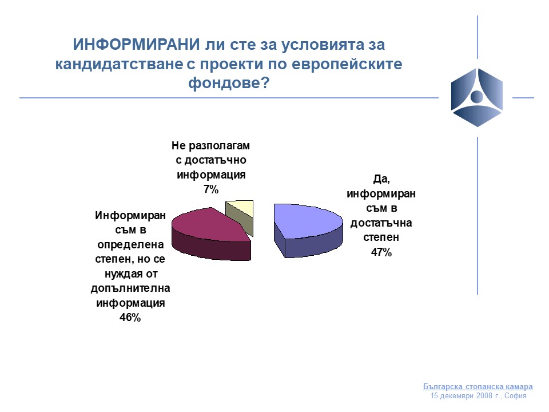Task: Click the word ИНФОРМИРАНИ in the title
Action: pos(136,45)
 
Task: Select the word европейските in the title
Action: pos(347,64)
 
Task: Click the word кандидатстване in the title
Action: pos(119,64)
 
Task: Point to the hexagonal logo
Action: pos(477,97)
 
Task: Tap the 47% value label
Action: pos(381,252)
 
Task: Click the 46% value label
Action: pos(130,318)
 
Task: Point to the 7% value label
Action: pos(211,189)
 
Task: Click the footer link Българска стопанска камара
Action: pos(478,386)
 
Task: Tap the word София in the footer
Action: pos(515,396)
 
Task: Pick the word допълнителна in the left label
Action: pos(130,288)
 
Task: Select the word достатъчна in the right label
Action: pos(381,223)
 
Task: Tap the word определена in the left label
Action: pos(130,244)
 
